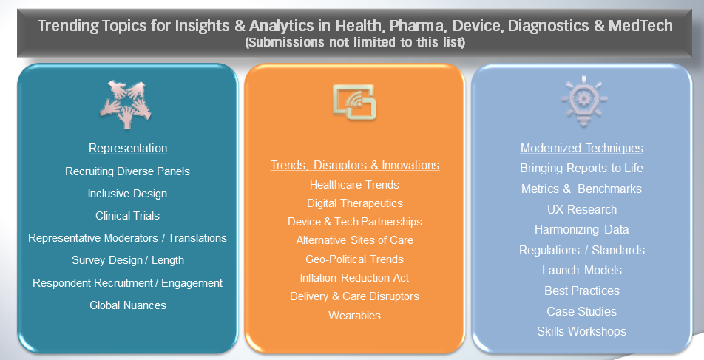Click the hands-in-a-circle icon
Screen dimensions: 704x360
coord(126,103)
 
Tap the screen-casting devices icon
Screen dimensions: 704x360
coord(354,102)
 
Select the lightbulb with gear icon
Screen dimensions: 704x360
coord(583,101)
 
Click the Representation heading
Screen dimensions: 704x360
coord(128,148)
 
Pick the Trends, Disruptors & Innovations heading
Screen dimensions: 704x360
coord(355,165)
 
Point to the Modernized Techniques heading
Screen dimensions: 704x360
coord(582,148)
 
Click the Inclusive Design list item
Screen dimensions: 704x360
coord(127,194)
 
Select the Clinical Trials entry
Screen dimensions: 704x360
coord(127,215)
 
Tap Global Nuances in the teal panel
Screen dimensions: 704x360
coord(128,305)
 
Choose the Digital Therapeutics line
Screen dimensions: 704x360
coord(355,203)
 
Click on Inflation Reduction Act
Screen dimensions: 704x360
coord(355,278)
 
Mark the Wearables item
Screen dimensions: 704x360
coord(355,316)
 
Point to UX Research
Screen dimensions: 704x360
coord(582,210)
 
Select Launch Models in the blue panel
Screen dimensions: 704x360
coord(582,271)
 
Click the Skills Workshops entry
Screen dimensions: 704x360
coord(582,332)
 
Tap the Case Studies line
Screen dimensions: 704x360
coord(582,311)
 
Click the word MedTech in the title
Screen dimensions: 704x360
coord(640,26)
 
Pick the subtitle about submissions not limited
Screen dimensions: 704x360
coord(355,43)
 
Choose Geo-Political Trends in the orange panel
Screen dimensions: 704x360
coord(355,259)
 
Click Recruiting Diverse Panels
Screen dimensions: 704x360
coord(127,171)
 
